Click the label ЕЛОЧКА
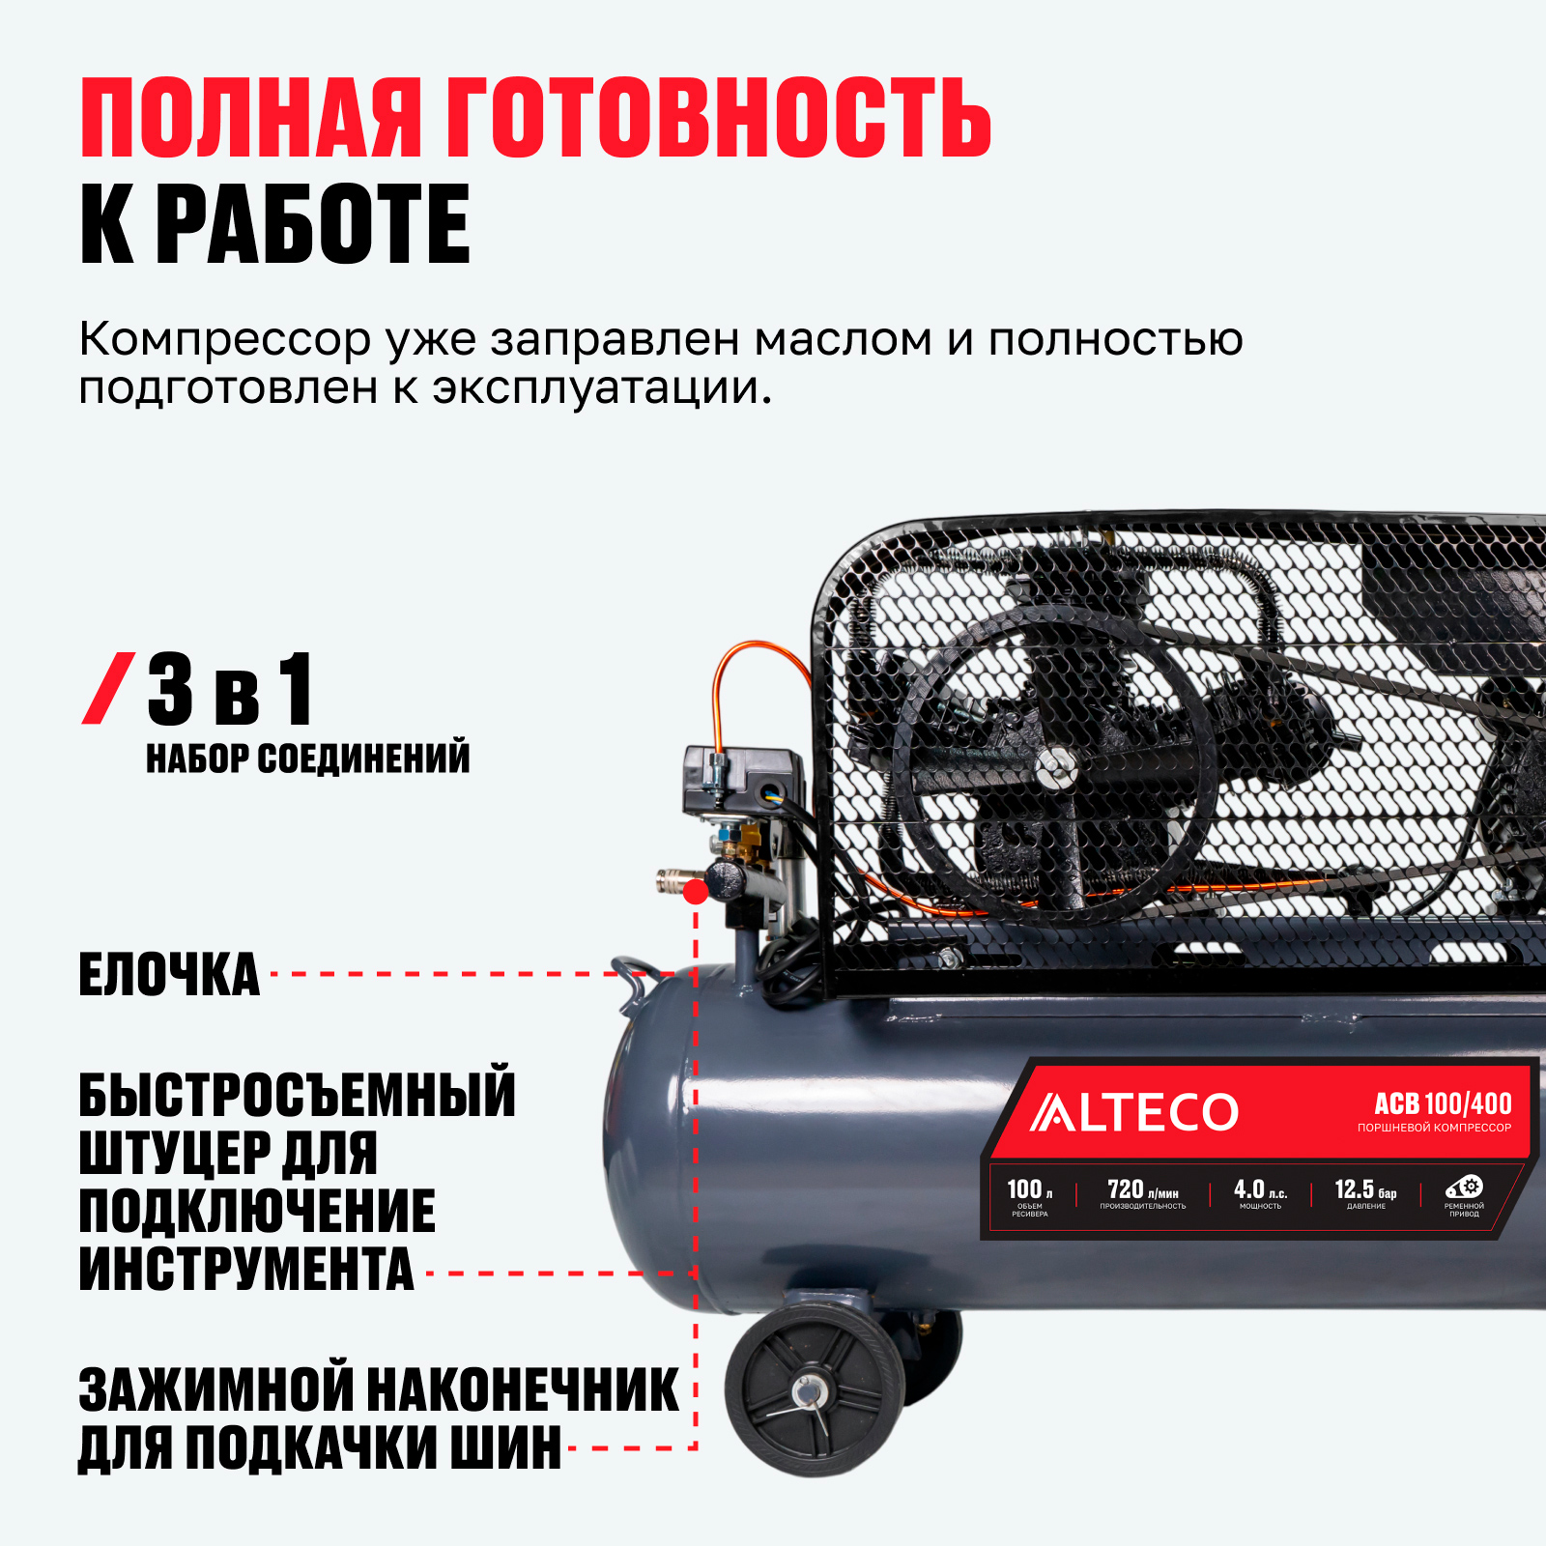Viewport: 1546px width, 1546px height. (x=169, y=974)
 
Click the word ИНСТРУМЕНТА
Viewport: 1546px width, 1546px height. (x=246, y=1269)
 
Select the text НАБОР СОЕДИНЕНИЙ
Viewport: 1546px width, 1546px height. (x=308, y=759)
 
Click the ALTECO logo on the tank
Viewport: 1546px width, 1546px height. (x=1133, y=1112)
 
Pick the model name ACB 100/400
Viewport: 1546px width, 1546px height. (x=1443, y=1103)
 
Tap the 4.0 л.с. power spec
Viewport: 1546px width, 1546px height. (x=1260, y=1193)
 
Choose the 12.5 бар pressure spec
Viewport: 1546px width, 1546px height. (x=1365, y=1193)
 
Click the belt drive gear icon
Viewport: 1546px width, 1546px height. (x=1464, y=1187)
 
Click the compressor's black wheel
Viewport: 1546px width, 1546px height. (x=815, y=1391)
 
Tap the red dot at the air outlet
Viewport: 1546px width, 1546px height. (x=695, y=892)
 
